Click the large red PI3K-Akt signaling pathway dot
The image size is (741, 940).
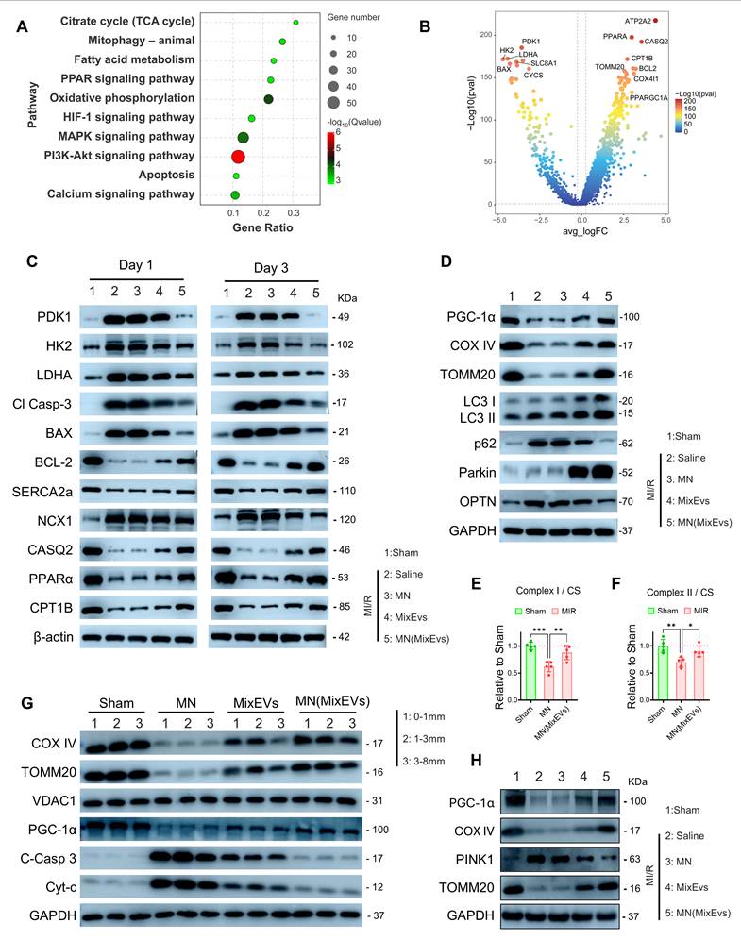click(238, 157)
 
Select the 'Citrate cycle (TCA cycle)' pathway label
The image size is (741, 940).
click(127, 21)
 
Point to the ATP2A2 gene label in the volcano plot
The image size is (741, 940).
click(637, 21)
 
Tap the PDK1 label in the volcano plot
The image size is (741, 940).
click(530, 42)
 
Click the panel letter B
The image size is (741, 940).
click(425, 26)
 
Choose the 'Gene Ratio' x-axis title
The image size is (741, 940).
click(262, 227)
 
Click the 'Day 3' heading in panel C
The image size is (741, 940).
click(271, 268)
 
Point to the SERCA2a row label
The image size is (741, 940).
click(42, 492)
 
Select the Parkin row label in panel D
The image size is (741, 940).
click(478, 473)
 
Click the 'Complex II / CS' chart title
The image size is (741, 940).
click(680, 593)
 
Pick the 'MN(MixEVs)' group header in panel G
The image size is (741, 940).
click(332, 701)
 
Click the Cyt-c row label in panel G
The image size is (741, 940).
click(60, 887)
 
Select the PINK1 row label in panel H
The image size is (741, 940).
click(475, 859)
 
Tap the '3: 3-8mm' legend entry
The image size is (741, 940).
click(424, 761)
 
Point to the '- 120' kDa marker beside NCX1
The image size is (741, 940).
click(345, 519)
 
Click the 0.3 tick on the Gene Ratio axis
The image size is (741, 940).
click(294, 212)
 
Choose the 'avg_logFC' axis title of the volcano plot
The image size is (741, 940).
click(585, 231)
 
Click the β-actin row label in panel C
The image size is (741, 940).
click(54, 637)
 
